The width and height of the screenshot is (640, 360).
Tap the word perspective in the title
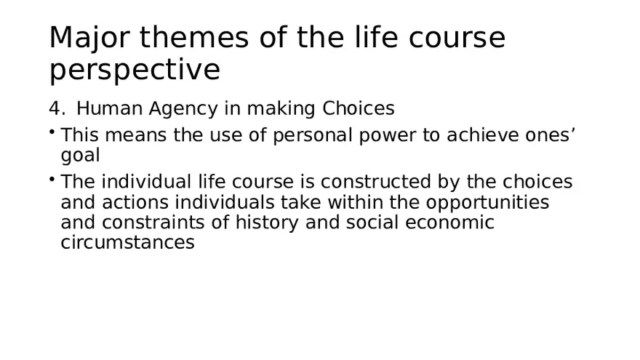click(x=135, y=71)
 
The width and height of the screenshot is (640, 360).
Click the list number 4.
click(x=56, y=109)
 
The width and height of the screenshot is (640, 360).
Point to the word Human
click(x=110, y=109)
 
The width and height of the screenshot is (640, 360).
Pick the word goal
click(x=80, y=156)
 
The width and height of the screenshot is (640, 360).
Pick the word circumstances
click(x=127, y=243)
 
